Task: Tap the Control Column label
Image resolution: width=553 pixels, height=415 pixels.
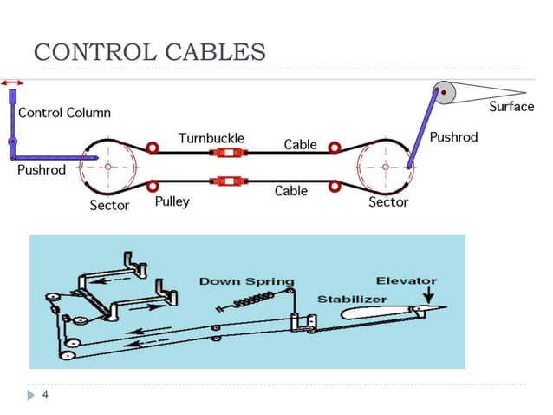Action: (64, 113)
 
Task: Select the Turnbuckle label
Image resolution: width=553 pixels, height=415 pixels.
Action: (211, 138)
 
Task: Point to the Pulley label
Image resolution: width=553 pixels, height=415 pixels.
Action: (172, 201)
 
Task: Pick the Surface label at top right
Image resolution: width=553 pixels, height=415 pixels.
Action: (511, 107)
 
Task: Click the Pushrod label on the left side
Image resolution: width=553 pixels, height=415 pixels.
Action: (41, 170)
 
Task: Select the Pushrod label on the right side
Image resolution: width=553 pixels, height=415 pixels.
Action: (453, 137)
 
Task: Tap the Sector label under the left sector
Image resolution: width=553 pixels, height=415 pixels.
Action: (109, 206)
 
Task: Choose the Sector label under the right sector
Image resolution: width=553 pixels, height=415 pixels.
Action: (388, 202)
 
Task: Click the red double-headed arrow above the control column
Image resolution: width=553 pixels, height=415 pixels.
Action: (13, 82)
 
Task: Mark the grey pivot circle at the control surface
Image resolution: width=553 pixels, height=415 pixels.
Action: (442, 92)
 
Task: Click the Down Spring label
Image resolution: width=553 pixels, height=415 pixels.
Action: (247, 281)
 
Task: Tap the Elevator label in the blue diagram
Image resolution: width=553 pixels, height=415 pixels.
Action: (407, 280)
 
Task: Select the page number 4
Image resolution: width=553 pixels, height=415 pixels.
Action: (44, 394)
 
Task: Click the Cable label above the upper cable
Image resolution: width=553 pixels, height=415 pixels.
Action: (300, 144)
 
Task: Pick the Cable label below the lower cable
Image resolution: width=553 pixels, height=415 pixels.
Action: (291, 191)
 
